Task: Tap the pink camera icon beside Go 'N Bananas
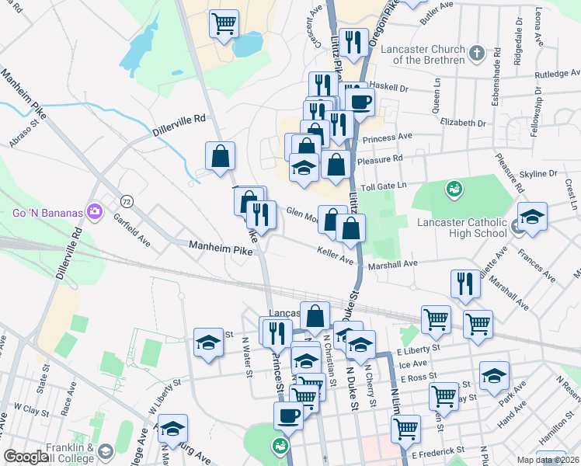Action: (95, 210)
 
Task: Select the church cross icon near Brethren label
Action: (477, 54)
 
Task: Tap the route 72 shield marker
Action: (127, 201)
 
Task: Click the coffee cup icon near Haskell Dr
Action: (361, 101)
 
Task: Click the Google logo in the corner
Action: (26, 457)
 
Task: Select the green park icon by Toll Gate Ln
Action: (453, 189)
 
